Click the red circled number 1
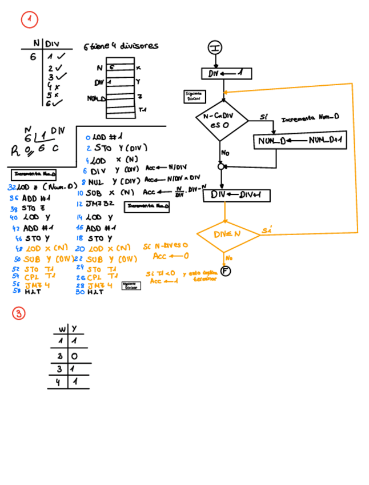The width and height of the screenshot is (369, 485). (x=29, y=20)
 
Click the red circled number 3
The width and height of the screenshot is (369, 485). (x=19, y=313)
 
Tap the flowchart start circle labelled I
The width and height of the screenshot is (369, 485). (x=215, y=48)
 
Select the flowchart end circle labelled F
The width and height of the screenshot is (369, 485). (x=226, y=271)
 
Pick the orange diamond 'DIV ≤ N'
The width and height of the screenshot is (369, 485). (x=228, y=234)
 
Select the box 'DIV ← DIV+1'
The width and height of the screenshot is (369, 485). (x=236, y=195)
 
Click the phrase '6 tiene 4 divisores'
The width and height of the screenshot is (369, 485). (x=121, y=46)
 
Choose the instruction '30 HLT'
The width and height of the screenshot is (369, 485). (x=90, y=292)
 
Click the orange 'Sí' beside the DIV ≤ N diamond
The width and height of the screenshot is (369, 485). (x=266, y=230)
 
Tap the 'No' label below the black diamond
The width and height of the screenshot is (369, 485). (x=226, y=153)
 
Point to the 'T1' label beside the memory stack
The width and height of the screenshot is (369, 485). (x=142, y=109)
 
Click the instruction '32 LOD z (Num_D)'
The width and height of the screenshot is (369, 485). (x=42, y=187)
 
